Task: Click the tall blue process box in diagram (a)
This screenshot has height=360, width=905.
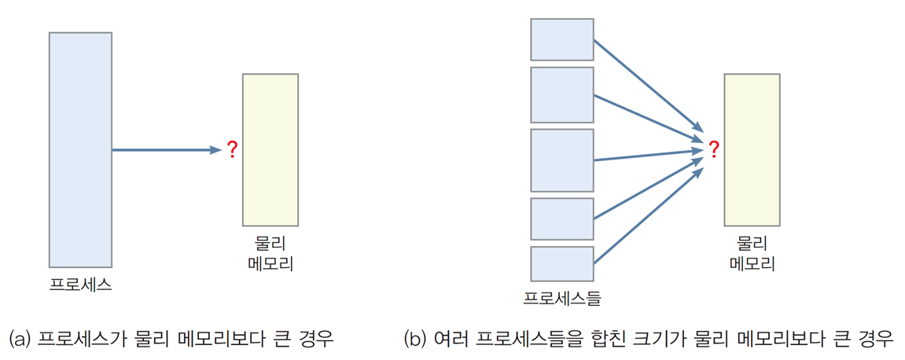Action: pos(80,150)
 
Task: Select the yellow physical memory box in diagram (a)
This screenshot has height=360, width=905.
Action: pos(270,150)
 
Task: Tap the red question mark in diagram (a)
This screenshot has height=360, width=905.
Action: pos(232,150)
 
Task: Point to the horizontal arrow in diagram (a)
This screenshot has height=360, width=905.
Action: pos(167,150)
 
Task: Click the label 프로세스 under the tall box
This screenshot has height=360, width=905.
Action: pos(81,285)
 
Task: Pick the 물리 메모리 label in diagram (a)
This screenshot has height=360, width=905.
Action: pos(270,253)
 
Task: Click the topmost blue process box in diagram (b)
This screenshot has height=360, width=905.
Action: pos(562,39)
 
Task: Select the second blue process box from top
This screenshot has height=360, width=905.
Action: pos(562,94)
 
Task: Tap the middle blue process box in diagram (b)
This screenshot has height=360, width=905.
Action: pos(562,160)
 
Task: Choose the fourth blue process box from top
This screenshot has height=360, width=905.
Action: pos(562,219)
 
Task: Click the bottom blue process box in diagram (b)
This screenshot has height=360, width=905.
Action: pos(562,263)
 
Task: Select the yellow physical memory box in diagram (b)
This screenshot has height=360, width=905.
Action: pos(752,150)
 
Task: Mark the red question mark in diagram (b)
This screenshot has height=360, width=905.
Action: pos(714,150)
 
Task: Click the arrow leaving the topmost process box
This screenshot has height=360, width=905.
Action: pos(649,86)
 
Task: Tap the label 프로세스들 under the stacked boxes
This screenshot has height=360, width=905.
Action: pos(562,298)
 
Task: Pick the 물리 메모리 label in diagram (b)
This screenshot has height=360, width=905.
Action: pos(752,253)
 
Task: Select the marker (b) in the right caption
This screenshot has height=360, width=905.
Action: pos(416,337)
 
